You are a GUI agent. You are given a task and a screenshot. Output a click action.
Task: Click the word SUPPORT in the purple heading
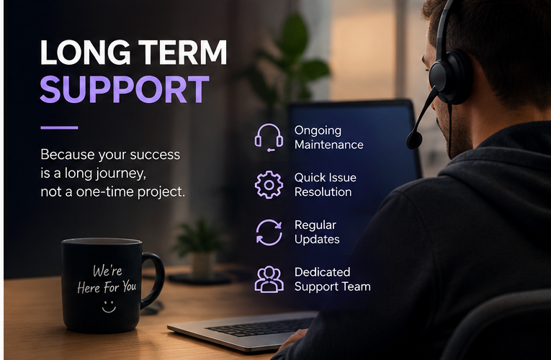coord(125,89)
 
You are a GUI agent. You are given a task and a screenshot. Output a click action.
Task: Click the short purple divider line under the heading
coord(59,127)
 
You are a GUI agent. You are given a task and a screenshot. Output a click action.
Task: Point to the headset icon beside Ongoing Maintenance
coord(269,138)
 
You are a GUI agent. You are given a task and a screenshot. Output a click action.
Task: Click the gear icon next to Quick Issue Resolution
coord(269,185)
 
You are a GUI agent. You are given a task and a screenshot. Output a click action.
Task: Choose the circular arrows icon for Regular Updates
coord(269,232)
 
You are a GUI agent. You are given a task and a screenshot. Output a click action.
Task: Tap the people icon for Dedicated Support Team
coord(269,279)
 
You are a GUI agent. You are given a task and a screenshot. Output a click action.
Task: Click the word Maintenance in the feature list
coord(329,145)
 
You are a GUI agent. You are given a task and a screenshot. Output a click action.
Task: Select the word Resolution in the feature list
coord(323,192)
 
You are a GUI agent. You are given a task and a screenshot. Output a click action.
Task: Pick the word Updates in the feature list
coord(317,240)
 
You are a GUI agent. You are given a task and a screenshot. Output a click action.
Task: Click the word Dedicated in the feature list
coord(322,272)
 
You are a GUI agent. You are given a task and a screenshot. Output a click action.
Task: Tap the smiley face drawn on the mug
coord(109,306)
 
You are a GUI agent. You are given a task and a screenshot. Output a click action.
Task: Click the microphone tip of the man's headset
coord(414,140)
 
